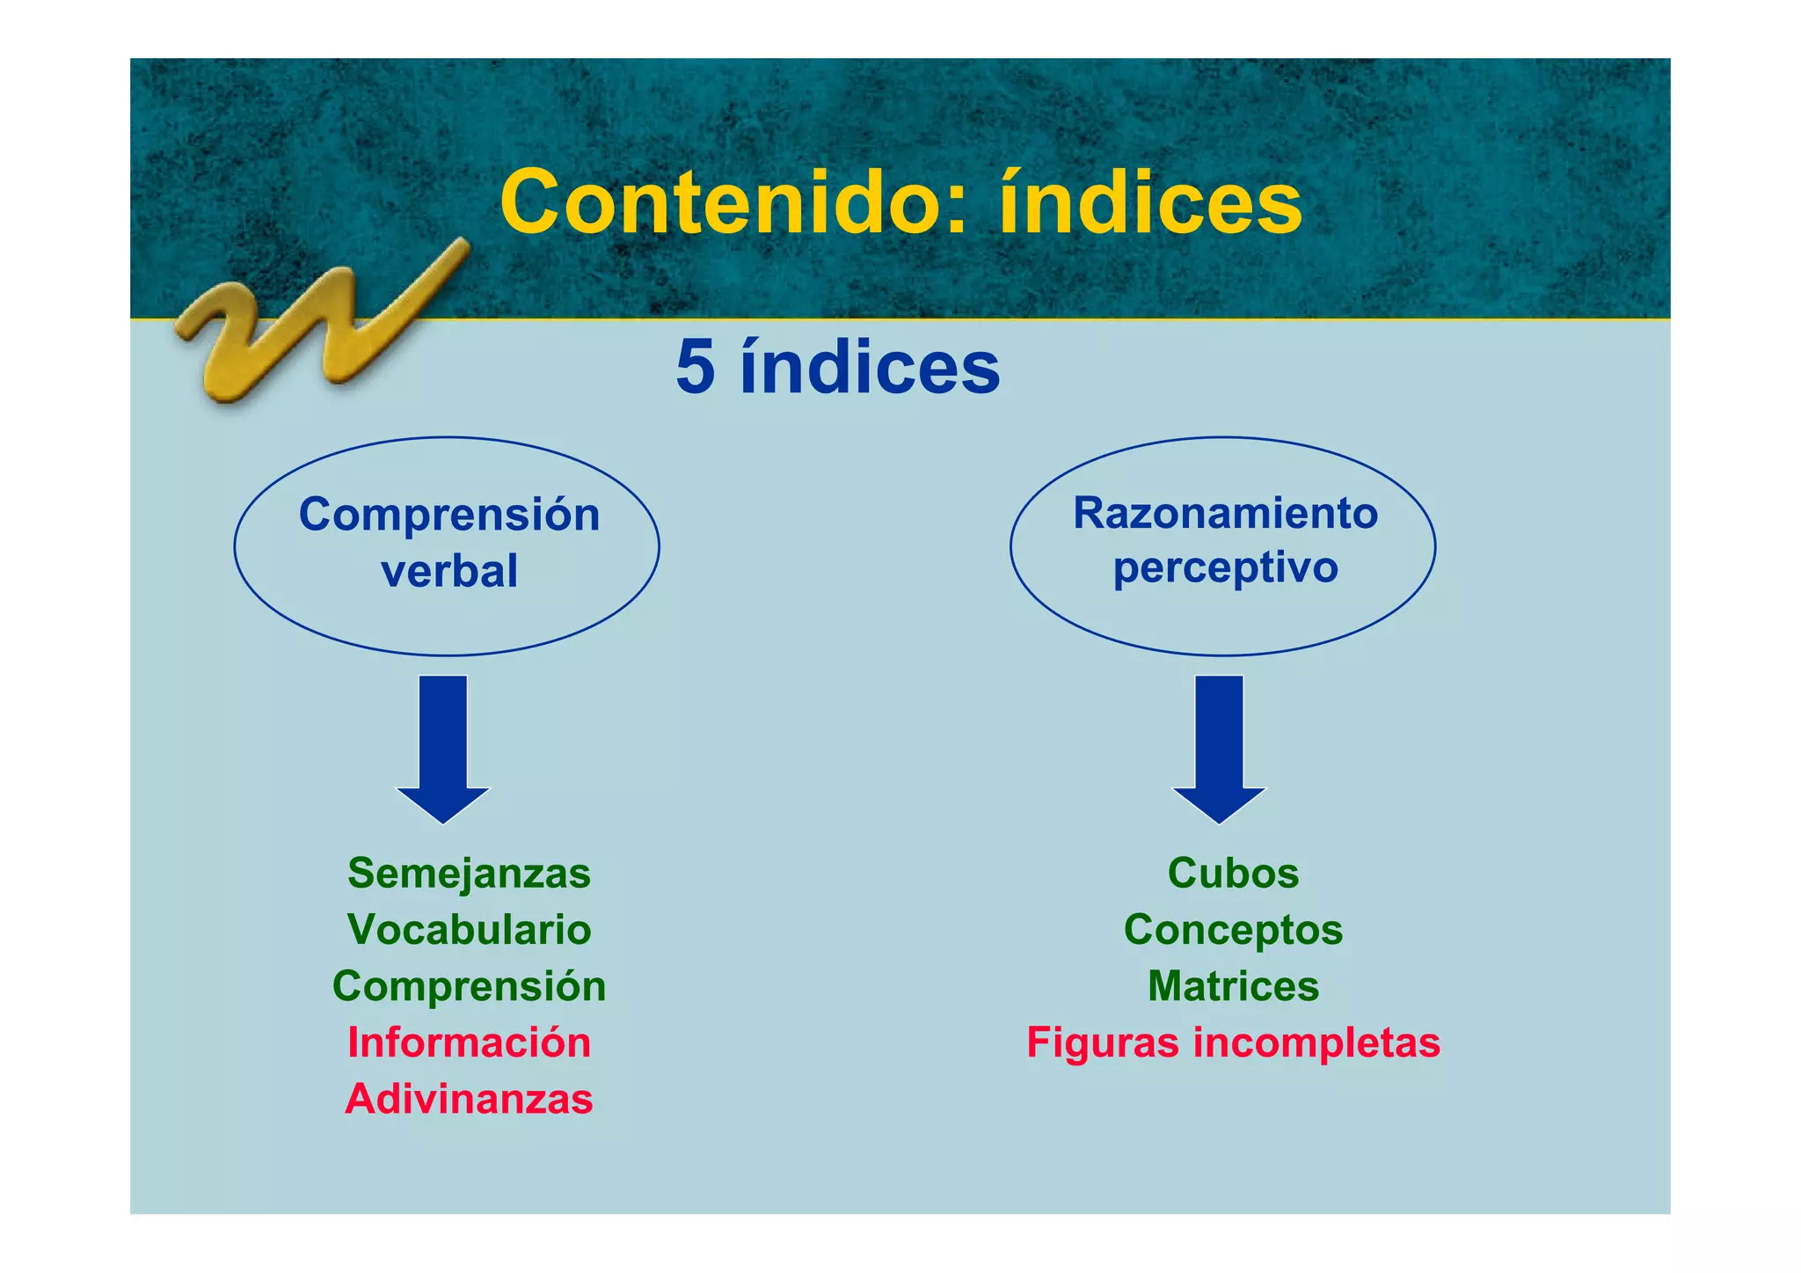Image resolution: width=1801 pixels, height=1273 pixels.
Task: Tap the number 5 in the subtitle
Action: click(x=695, y=368)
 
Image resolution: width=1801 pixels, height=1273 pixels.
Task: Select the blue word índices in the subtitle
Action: click(x=870, y=368)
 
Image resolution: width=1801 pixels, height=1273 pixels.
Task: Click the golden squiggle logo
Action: click(x=317, y=321)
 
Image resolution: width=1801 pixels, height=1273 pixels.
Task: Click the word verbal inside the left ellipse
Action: click(x=448, y=572)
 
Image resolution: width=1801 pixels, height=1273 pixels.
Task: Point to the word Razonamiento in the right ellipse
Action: click(x=1225, y=514)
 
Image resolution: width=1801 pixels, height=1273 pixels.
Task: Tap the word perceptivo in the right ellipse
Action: click(x=1225, y=568)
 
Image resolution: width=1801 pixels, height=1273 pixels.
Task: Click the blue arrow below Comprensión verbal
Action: click(x=443, y=748)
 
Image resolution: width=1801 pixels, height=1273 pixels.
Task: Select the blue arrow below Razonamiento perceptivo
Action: click(x=1219, y=748)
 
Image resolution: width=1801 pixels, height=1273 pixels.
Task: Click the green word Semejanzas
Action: click(x=469, y=874)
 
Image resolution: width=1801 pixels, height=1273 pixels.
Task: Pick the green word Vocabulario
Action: click(x=469, y=930)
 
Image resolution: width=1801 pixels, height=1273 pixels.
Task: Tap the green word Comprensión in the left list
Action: click(x=469, y=986)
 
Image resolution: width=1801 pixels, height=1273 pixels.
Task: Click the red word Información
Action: click(x=469, y=1043)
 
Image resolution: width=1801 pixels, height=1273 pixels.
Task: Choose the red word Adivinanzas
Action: click(x=469, y=1099)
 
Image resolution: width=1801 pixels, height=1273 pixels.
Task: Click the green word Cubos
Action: click(x=1233, y=874)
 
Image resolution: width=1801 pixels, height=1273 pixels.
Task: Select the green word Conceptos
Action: click(x=1233, y=930)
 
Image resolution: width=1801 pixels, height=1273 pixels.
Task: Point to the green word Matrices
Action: click(x=1233, y=986)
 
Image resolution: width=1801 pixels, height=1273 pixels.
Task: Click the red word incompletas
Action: click(x=1316, y=1043)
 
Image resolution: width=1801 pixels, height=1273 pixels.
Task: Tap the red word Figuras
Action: click(x=1103, y=1043)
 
